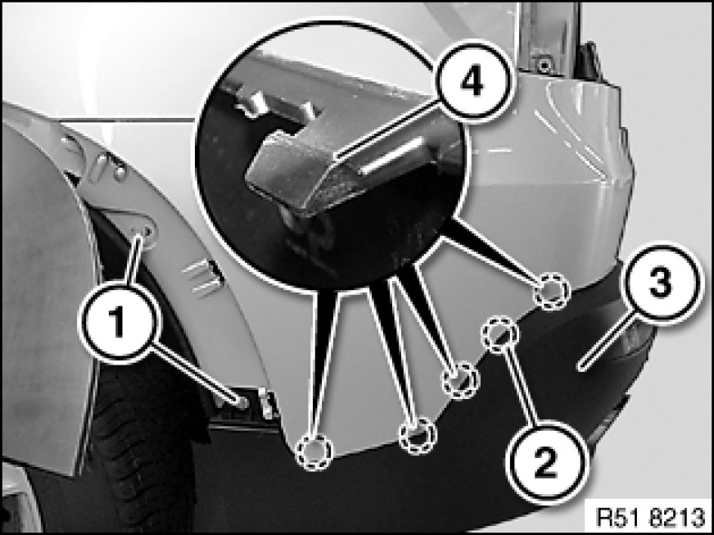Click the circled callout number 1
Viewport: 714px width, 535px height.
point(117,322)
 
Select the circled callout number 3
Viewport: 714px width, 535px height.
point(659,283)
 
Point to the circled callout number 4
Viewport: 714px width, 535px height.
point(472,83)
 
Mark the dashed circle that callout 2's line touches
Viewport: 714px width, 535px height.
point(499,335)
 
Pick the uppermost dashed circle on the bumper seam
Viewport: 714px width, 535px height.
point(551,290)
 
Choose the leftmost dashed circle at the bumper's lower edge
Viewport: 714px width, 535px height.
point(314,451)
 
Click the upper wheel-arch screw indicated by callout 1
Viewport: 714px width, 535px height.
point(147,231)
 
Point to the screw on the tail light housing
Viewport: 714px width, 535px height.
point(543,66)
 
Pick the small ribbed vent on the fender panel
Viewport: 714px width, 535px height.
point(202,278)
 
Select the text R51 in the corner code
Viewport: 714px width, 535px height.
point(613,517)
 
